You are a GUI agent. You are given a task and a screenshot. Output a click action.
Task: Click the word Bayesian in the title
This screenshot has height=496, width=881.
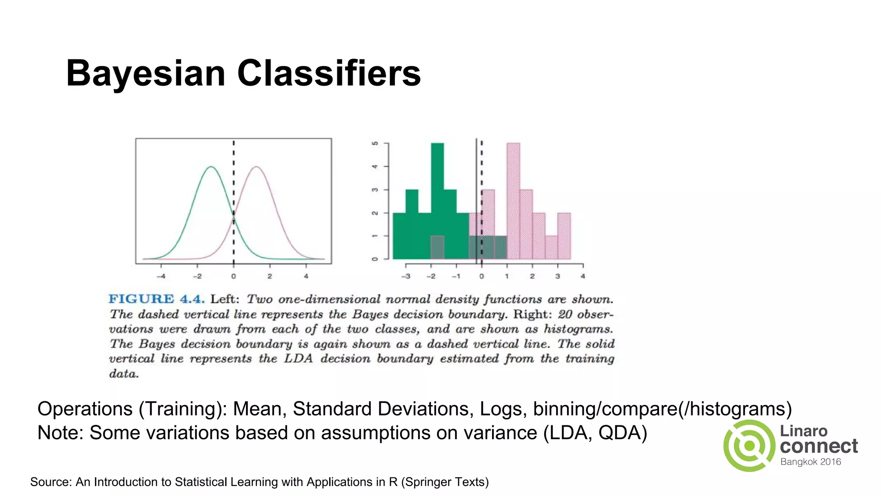pos(145,74)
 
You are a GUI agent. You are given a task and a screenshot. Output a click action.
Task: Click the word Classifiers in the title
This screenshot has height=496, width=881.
pos(329,73)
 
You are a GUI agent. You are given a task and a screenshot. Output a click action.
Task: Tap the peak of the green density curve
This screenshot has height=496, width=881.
pos(211,167)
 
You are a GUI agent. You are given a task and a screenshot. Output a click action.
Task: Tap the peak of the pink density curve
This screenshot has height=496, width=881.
pos(256,167)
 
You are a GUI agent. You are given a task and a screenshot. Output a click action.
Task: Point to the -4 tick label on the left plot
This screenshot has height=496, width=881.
pos(161,276)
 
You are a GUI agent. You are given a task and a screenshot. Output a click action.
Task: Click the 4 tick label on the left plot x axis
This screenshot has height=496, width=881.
pos(306,276)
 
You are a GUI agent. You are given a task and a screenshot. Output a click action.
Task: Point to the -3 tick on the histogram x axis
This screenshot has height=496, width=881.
pos(406,276)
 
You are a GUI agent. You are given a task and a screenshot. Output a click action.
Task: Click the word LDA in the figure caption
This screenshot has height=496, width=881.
pos(298,359)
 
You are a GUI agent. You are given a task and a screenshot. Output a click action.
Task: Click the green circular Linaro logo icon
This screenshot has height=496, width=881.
pos(749,446)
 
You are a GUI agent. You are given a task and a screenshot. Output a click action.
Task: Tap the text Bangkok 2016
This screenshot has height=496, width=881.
pos(810,462)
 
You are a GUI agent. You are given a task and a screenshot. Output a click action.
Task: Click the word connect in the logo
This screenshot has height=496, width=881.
pos(819,446)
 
